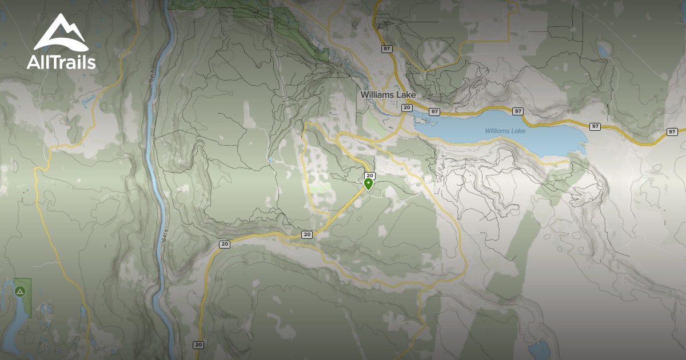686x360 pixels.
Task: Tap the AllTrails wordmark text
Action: (x=61, y=62)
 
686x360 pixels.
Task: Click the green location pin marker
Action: (x=369, y=183)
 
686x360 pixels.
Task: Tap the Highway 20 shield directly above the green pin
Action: (x=369, y=175)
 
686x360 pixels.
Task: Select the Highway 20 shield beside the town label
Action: (x=406, y=107)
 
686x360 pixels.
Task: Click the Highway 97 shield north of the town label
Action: (x=387, y=49)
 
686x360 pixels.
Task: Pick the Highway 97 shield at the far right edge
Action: (x=672, y=132)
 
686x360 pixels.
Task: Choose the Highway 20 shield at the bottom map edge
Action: (x=198, y=345)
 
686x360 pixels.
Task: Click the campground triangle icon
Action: (x=21, y=291)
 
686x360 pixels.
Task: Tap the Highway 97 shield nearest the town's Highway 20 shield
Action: (x=434, y=111)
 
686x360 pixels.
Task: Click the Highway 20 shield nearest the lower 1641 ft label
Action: (x=224, y=244)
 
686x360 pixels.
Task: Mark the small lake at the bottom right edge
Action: (x=539, y=348)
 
